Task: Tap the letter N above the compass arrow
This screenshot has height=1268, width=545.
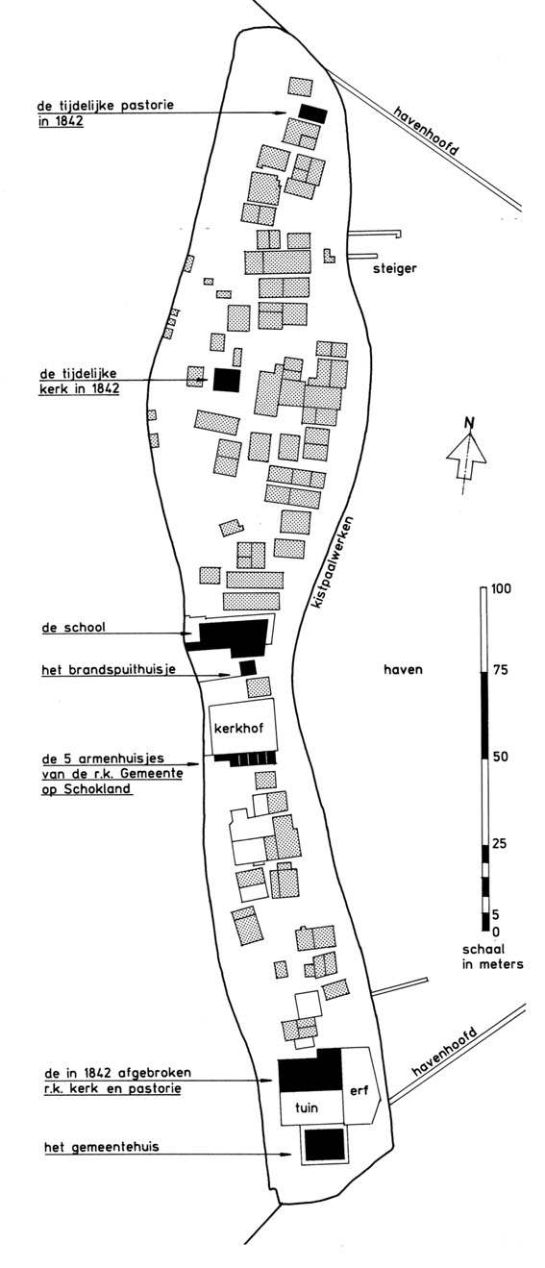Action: [468, 422]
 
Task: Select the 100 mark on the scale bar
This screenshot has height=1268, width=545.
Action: [501, 588]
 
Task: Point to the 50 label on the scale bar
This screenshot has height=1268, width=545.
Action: [500, 757]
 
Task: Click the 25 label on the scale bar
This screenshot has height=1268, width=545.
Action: [499, 844]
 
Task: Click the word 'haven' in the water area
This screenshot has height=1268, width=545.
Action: [403, 670]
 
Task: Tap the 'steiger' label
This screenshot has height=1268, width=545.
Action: [394, 268]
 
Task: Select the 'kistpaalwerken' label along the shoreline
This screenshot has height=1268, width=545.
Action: [333, 562]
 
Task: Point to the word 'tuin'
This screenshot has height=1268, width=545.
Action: [307, 1107]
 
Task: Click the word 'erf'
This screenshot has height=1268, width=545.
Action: [359, 1090]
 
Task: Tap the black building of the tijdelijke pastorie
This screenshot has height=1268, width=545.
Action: [313, 113]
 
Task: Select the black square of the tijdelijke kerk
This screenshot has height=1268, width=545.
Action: [227, 380]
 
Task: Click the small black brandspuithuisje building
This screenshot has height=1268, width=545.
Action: [247, 667]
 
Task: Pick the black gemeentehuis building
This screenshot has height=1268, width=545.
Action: [324, 1143]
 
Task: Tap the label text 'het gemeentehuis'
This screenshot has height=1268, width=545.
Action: [101, 1147]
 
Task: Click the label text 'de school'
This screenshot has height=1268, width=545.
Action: [74, 627]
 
